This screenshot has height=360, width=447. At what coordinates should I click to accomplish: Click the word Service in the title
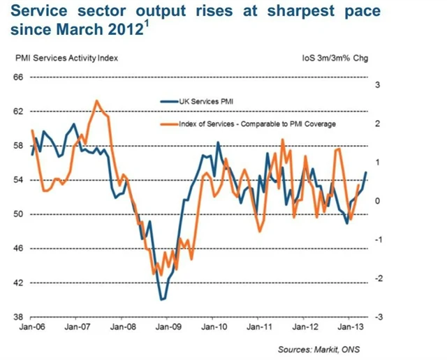pyautogui.click(x=40, y=13)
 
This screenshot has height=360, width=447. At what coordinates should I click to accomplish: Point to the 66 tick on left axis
pyautogui.click(x=19, y=77)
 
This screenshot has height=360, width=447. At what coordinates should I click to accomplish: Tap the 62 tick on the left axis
pyautogui.click(x=19, y=112)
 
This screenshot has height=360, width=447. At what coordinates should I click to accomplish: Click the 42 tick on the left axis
pyautogui.click(x=19, y=283)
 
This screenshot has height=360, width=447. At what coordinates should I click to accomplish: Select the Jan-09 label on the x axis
pyautogui.click(x=168, y=326)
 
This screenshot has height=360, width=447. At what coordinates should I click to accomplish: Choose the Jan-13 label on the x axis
pyautogui.click(x=350, y=326)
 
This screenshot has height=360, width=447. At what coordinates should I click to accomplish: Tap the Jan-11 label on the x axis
pyautogui.click(x=259, y=326)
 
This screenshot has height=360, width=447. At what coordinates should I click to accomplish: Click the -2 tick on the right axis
pyautogui.click(x=379, y=279)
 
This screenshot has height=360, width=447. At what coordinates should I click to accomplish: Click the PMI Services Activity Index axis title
pyautogui.click(x=66, y=58)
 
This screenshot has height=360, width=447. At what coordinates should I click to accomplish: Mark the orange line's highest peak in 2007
pyautogui.click(x=96, y=101)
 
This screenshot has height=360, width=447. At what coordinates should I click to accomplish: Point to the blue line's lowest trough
pyautogui.click(x=162, y=299)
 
